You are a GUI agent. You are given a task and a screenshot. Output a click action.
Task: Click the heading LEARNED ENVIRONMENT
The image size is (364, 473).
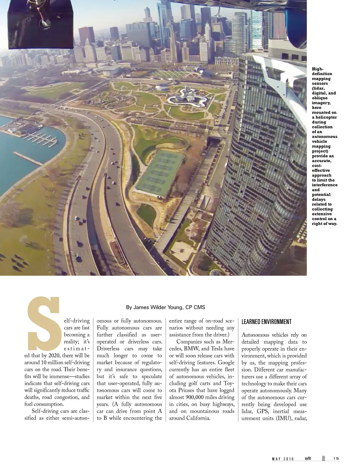(266, 322)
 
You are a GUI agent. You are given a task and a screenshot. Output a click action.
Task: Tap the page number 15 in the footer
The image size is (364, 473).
(336, 458)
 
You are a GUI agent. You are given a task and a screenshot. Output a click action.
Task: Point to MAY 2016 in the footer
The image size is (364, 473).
(283, 459)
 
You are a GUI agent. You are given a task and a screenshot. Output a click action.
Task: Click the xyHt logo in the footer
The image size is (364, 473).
(308, 458)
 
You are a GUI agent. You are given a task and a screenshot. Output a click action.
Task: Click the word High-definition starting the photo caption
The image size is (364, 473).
(322, 71)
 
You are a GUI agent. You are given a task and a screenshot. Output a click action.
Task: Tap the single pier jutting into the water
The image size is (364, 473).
(28, 158)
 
